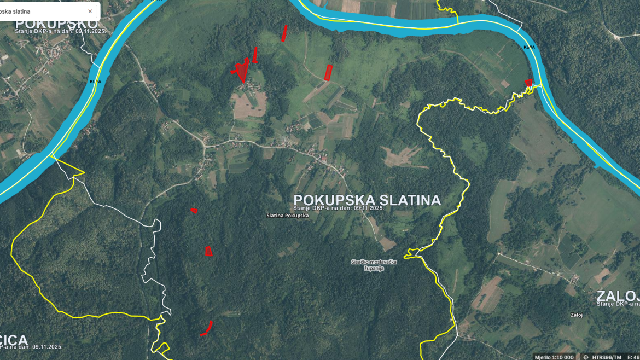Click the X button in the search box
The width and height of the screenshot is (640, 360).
tap(90, 11)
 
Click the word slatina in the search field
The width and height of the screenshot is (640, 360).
tap(19, 11)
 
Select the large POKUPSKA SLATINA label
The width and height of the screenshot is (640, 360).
tap(367, 200)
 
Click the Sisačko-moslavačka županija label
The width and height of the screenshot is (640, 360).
tap(374, 265)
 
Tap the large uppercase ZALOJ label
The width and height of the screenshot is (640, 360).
tap(618, 296)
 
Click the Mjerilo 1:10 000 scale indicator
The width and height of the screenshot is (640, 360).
tap(554, 357)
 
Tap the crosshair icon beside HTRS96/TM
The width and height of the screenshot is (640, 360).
tap(586, 357)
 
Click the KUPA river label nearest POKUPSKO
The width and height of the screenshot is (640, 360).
tap(95, 81)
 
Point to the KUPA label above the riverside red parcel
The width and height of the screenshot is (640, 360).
tap(529, 48)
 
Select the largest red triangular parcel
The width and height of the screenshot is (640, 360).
tap(241, 71)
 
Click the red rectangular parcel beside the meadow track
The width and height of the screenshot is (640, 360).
tap(328, 72)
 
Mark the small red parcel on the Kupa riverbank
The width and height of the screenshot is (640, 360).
tap(528, 83)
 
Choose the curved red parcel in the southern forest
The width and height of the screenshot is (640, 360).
tap(207, 328)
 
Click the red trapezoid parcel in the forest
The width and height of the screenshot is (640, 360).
tap(208, 251)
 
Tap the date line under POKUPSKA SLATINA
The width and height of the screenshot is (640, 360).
tap(339, 208)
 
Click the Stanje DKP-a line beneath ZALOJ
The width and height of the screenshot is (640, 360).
tap(618, 304)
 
